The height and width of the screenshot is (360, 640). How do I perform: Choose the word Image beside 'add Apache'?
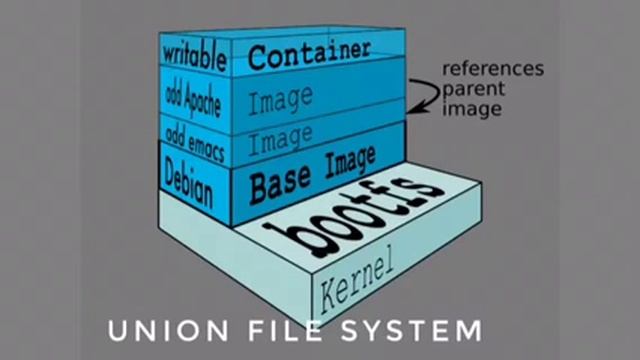point(281,99)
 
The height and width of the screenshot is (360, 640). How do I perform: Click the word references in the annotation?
point(493,69)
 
